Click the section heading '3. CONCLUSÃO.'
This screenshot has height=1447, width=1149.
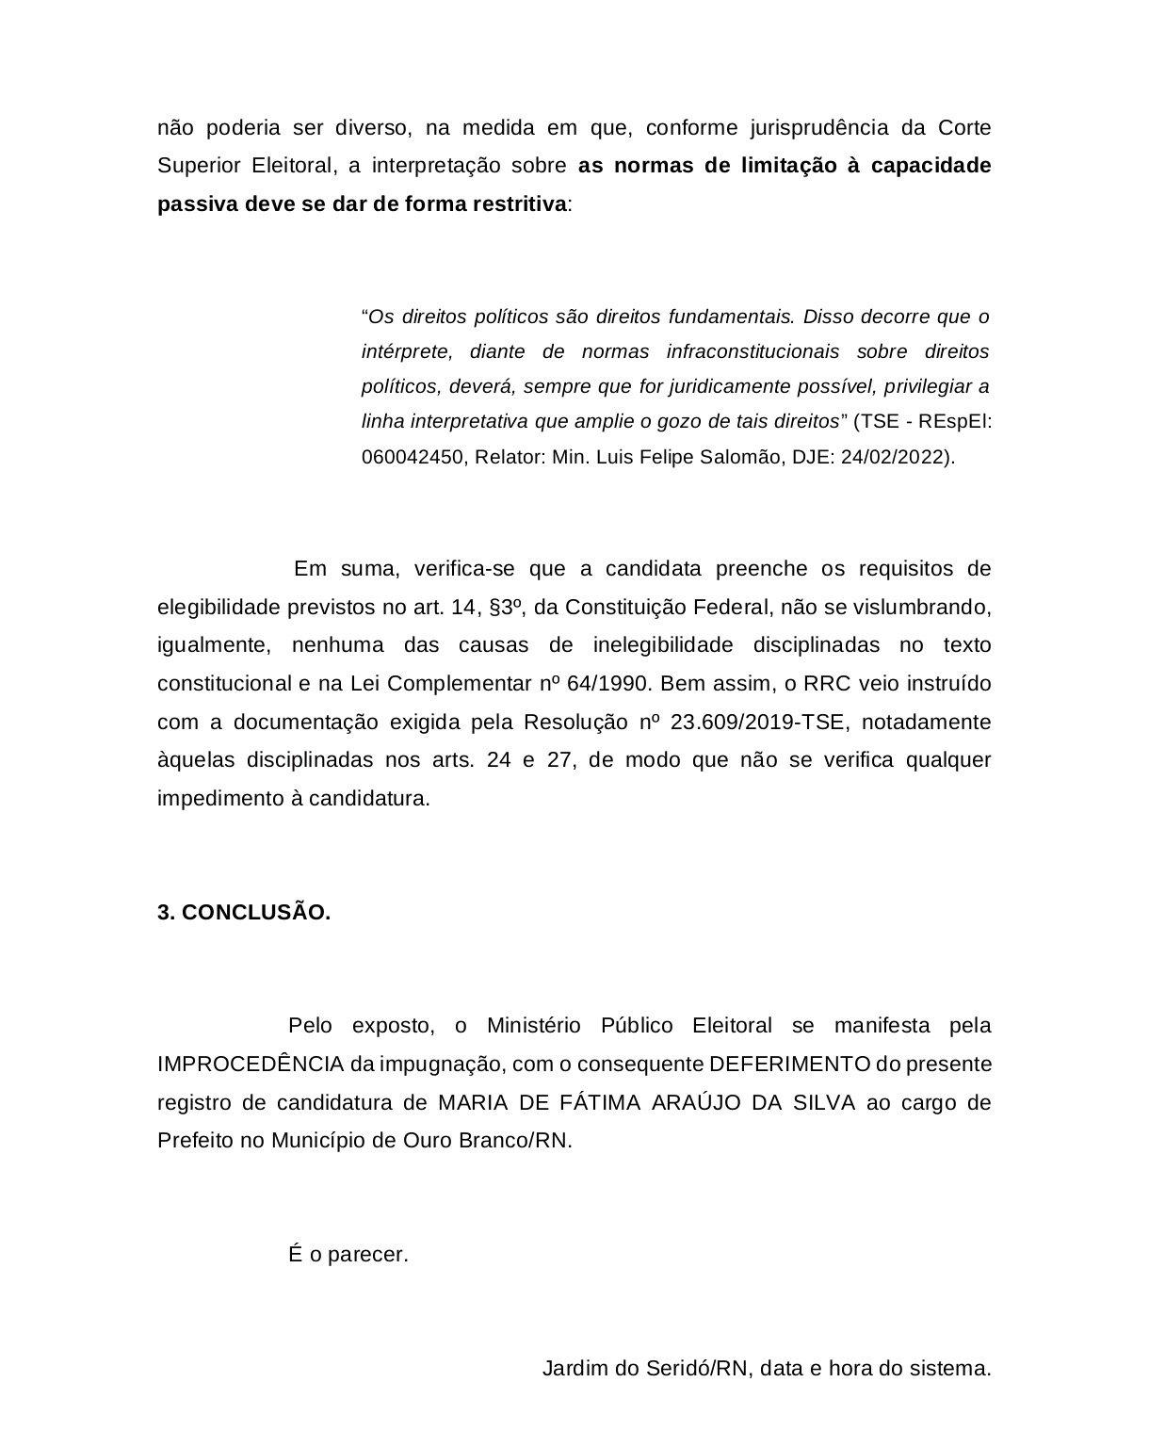[x=244, y=912]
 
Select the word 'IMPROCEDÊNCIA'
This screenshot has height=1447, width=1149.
[x=251, y=1064]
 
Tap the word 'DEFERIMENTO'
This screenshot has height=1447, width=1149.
[x=789, y=1064]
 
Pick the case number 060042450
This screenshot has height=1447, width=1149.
[x=413, y=457]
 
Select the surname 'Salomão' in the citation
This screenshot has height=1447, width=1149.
[x=734, y=457]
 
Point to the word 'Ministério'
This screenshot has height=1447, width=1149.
[x=532, y=1025]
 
